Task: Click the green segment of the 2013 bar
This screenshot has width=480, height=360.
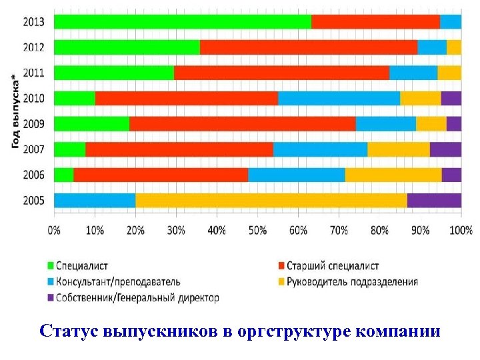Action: (x=182, y=22)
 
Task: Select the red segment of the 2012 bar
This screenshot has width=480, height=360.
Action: (x=308, y=47)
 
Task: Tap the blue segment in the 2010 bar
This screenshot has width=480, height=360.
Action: (x=339, y=99)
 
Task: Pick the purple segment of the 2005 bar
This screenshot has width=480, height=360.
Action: (x=434, y=200)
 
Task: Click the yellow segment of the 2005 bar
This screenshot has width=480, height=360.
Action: (x=271, y=200)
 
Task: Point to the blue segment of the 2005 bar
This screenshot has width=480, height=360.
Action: (x=94, y=200)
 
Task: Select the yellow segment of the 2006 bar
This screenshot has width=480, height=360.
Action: (x=393, y=175)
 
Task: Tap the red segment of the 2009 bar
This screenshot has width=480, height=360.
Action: (x=243, y=124)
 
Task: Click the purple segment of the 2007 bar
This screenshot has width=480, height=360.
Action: (x=445, y=149)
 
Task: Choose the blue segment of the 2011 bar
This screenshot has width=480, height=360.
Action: (x=413, y=73)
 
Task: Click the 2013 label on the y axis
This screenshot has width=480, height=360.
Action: (x=33, y=22)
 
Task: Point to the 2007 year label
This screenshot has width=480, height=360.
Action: (x=33, y=149)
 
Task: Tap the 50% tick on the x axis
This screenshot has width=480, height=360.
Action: (x=257, y=231)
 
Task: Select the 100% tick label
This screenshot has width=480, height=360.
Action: (x=461, y=231)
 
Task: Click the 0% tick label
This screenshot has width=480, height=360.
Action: (x=54, y=231)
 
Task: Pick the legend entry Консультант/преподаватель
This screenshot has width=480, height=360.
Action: (x=118, y=282)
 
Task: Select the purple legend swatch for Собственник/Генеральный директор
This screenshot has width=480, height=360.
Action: (x=51, y=298)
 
